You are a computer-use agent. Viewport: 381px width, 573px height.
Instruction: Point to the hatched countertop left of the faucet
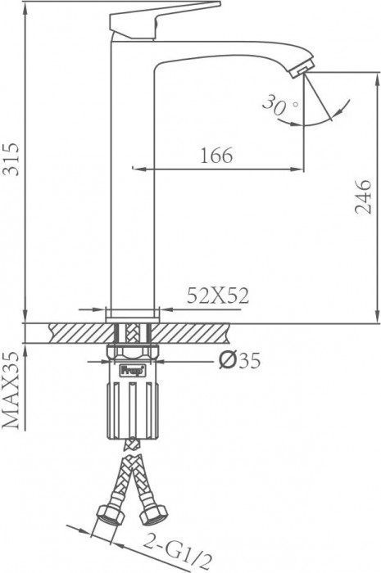click(x=78, y=332)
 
